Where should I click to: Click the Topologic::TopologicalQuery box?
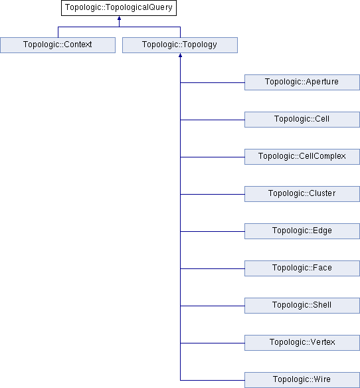[x=119, y=8]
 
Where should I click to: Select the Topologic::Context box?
[x=58, y=45]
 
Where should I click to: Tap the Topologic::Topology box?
[x=180, y=45]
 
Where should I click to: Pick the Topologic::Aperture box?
[x=302, y=82]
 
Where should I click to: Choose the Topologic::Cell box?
[x=302, y=120]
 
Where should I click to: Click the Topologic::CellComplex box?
[x=302, y=157]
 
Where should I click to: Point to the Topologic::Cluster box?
[x=302, y=194]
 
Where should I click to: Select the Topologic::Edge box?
[x=302, y=231]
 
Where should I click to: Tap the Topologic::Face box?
[x=302, y=268]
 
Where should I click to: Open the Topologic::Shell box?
[x=302, y=306]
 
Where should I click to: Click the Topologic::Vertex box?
[x=302, y=343]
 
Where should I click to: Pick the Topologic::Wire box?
[x=302, y=380]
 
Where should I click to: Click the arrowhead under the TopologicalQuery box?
[x=120, y=18]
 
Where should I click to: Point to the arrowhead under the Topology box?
[x=181, y=55]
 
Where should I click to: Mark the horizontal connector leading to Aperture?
[x=213, y=82]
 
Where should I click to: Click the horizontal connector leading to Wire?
[x=213, y=380]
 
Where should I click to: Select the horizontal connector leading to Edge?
[x=213, y=231]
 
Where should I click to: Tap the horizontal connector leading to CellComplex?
[x=213, y=157]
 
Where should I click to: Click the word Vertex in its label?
[x=323, y=342]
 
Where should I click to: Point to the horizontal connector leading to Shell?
[x=213, y=306]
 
